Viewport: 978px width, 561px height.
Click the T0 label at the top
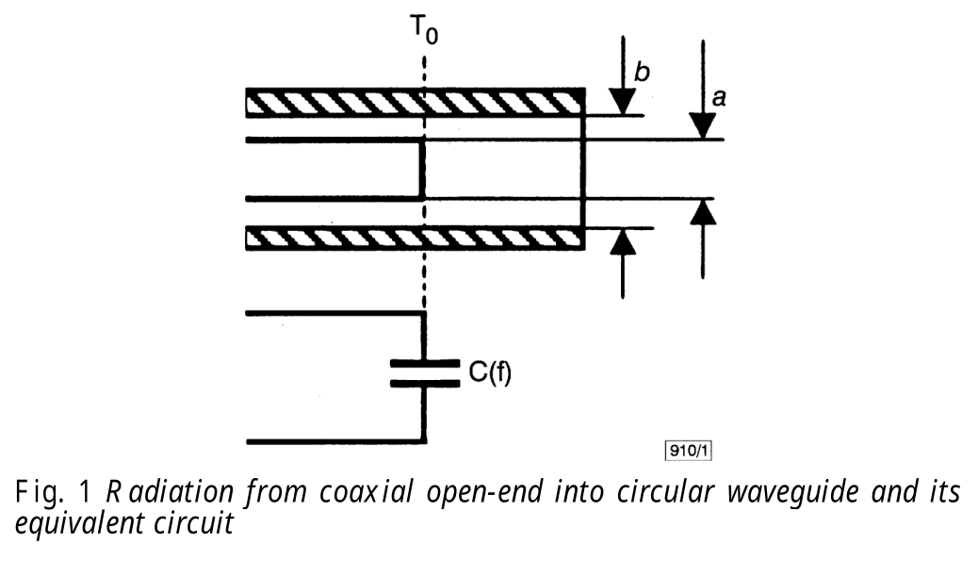tap(424, 32)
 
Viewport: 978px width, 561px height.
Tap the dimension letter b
tap(641, 73)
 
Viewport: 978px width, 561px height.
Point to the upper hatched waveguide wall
tap(415, 102)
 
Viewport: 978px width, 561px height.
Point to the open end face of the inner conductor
tap(422, 170)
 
